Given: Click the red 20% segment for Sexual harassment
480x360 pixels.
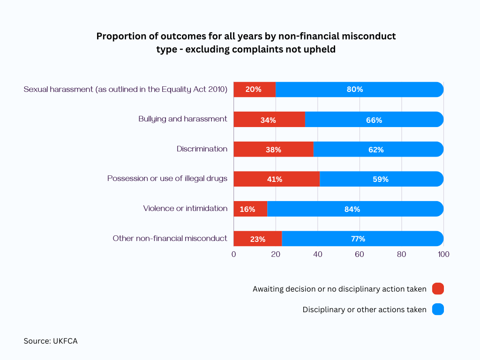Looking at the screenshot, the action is tap(255, 90).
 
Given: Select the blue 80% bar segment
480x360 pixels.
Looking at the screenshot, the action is tap(360, 90).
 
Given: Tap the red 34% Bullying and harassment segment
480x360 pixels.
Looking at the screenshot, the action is tap(270, 120).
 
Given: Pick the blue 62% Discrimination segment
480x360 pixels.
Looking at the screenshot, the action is tap(378, 149).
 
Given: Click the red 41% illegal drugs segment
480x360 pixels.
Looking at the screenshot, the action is tap(277, 179).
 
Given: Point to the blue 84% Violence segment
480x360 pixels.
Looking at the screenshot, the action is tap(355, 209).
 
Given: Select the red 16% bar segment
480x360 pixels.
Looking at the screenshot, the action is tap(250, 209).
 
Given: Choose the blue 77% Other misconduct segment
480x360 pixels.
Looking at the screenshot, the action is tap(363, 239).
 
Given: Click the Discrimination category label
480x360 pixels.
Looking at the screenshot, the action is tap(202, 149).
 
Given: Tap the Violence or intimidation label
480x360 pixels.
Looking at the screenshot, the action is tap(185, 209).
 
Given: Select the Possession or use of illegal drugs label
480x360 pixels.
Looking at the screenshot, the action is tap(167, 179).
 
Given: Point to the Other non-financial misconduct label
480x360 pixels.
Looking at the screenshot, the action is tap(170, 238).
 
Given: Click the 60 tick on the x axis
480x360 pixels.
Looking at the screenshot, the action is tap(360, 254).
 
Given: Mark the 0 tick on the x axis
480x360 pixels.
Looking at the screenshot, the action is tap(233, 254).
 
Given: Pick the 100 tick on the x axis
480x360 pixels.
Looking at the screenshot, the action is tap(443, 254).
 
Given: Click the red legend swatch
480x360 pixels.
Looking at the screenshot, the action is tap(438, 289).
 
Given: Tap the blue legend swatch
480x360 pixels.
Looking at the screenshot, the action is tap(438, 309).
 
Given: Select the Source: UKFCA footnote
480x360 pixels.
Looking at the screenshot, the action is tap(51, 341).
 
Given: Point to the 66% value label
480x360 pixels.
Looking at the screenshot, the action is tap(374, 120).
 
